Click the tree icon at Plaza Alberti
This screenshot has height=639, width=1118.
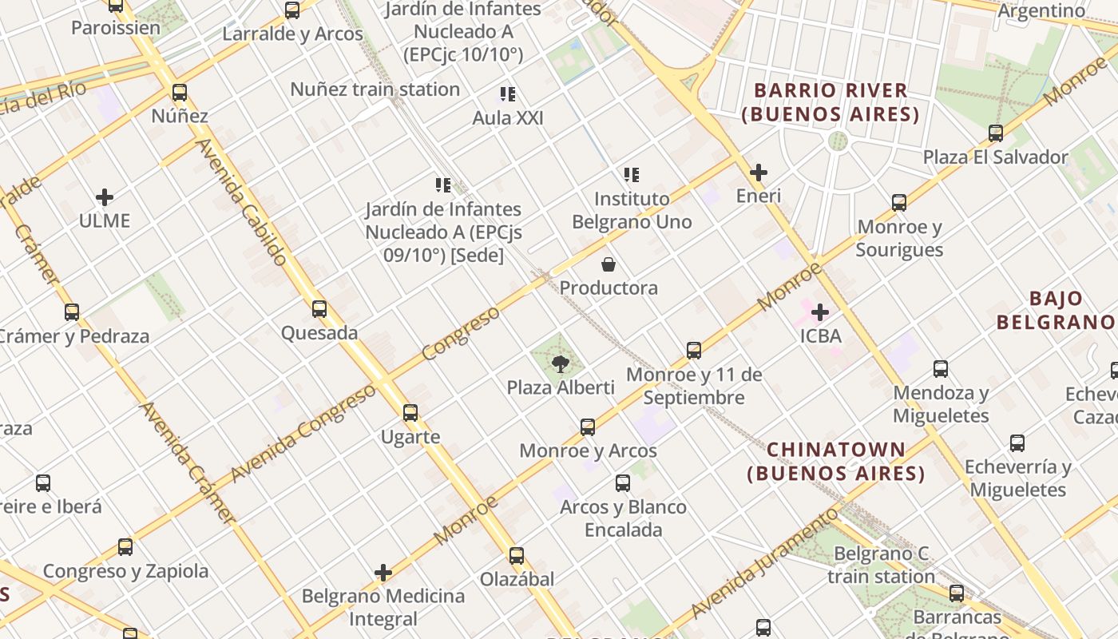(561, 364)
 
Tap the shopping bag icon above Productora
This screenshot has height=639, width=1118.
(609, 264)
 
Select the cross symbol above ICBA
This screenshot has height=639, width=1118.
(820, 312)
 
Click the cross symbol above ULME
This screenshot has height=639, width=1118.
(105, 197)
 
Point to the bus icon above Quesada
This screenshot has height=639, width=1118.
(319, 308)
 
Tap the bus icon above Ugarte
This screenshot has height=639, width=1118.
(410, 413)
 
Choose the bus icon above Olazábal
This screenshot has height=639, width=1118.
(517, 555)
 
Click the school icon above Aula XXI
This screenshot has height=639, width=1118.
(507, 94)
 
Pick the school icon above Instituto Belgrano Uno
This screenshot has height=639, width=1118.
(632, 174)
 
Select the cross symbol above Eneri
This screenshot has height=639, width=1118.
(759, 172)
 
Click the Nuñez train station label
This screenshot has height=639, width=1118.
(375, 89)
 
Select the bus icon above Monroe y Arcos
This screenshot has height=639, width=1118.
(588, 427)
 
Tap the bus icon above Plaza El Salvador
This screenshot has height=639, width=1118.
(996, 133)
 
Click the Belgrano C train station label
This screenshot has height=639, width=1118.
(881, 565)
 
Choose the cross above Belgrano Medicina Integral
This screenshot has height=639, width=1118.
(383, 573)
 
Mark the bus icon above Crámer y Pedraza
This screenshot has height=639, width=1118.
(72, 312)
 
